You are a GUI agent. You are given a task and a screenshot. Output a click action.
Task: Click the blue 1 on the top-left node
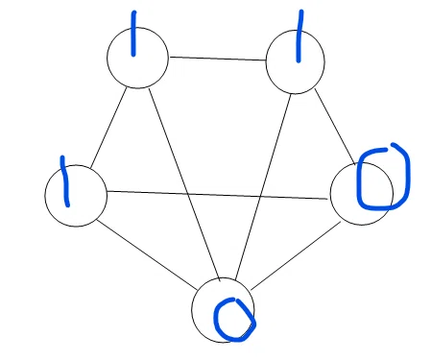coord(133,34)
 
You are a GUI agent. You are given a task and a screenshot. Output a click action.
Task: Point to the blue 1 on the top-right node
coord(299,36)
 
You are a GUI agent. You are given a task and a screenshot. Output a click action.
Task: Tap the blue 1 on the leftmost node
coord(65,181)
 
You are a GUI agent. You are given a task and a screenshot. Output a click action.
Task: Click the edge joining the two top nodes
coord(218,59)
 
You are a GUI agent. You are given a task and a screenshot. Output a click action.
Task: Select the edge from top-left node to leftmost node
coord(108,128)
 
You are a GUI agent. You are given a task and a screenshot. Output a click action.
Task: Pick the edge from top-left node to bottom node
coord(184,184)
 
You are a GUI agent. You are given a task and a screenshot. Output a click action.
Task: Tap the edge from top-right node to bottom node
coord(263,187)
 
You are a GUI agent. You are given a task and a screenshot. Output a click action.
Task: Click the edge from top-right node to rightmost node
coord(335,127)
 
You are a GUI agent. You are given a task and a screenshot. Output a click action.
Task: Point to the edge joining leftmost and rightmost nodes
coord(217,195)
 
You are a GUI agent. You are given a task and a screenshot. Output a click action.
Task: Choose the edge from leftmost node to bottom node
coord(147,254)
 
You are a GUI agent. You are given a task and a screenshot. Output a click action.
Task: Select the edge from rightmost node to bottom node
coord(296,256)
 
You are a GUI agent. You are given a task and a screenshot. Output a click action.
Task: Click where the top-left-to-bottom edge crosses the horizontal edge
coord(188,194)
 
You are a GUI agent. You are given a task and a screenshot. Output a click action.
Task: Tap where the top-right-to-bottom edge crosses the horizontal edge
coord(260,197)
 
